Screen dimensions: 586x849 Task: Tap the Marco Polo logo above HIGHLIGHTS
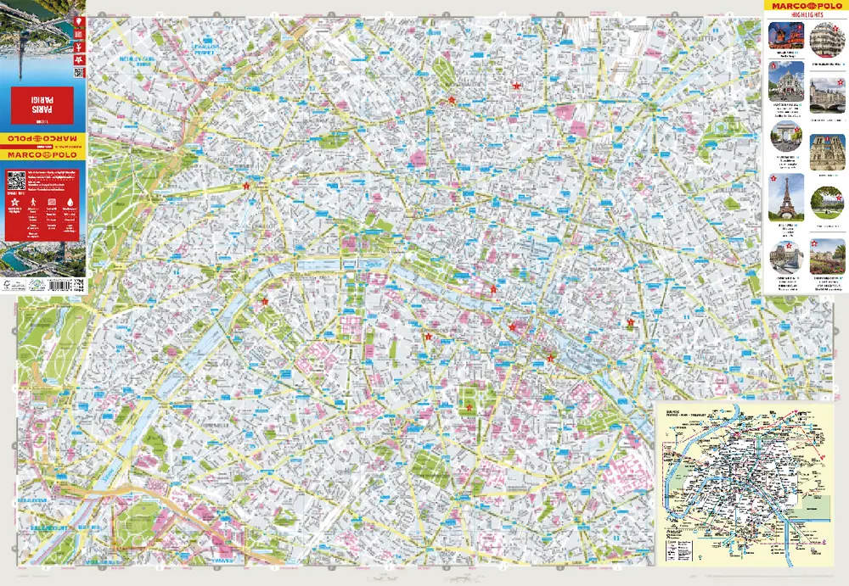click(x=807, y=8)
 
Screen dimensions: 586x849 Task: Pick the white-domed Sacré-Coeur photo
click(x=786, y=81)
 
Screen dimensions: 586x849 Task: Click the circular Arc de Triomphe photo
click(x=786, y=136)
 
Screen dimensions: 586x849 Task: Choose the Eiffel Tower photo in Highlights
click(x=786, y=198)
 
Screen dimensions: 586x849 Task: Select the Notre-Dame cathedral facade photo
click(x=828, y=153)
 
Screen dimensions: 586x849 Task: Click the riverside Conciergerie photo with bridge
click(x=828, y=95)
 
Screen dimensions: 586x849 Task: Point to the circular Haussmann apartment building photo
click(x=828, y=39)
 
